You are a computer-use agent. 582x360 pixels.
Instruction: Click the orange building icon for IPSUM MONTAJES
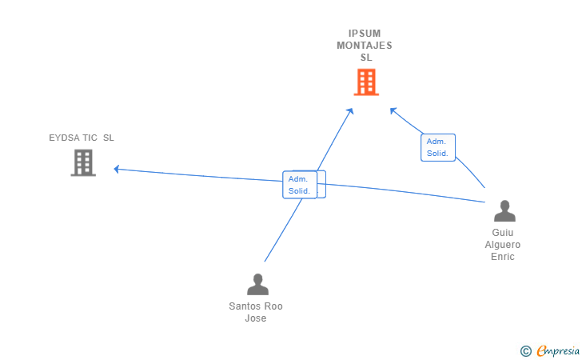[365, 82]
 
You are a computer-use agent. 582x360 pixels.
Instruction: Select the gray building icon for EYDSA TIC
[83, 162]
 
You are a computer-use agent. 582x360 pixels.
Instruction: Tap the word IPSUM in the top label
[365, 34]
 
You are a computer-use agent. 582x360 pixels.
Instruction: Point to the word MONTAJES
[365, 46]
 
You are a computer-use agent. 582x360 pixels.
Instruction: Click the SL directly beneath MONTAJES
[365, 58]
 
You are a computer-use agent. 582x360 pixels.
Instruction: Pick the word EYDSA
[63, 138]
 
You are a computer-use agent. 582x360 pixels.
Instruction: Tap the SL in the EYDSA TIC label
[108, 138]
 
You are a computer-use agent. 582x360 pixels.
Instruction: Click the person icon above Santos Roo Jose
[257, 284]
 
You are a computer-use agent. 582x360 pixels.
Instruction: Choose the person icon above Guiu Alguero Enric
[504, 210]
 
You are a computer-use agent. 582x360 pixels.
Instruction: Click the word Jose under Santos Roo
[256, 318]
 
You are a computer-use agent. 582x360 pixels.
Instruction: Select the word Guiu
[504, 233]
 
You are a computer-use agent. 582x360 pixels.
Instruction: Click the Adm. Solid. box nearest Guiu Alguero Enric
[437, 147]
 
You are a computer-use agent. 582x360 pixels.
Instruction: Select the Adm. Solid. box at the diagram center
[301, 185]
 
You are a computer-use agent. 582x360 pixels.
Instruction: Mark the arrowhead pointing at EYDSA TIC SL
[117, 169]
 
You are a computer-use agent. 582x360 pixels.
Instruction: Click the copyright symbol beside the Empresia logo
[525, 350]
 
